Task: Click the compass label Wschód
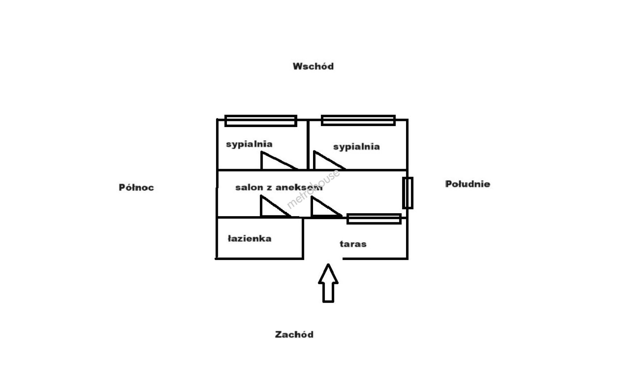[x=313, y=66]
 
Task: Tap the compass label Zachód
[x=294, y=335]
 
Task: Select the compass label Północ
[x=136, y=188]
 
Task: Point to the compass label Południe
[x=468, y=184]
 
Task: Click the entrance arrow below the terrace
[x=328, y=284]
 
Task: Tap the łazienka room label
[x=249, y=239]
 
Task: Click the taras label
[x=353, y=244]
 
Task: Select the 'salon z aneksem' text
[x=279, y=188]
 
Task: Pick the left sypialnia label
[x=249, y=144]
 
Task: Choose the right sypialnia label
[x=356, y=147]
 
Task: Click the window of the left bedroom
[x=261, y=121]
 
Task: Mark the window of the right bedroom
[x=358, y=120]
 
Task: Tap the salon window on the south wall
[x=408, y=193]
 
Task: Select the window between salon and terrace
[x=374, y=219]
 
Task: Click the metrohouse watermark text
[x=313, y=189]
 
